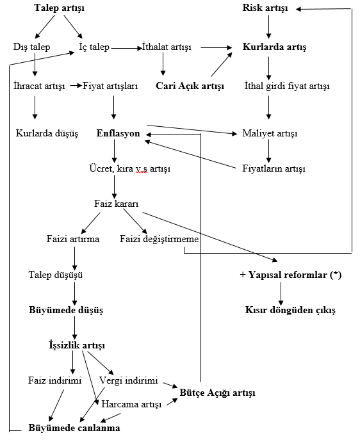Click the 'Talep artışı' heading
tap(59, 8)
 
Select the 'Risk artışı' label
tap(265, 8)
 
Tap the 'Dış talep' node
tap(31, 47)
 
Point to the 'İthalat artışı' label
tap(167, 47)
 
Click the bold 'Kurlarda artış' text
tap(274, 47)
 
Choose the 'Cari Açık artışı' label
tap(190, 86)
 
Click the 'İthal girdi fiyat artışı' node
tap(287, 86)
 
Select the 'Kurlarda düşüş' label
tap(47, 133)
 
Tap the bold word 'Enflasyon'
tap(118, 133)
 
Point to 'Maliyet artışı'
tap(270, 133)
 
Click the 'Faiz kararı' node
tap(117, 204)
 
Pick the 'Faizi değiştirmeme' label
tap(159, 239)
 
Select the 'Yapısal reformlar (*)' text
tap(295, 275)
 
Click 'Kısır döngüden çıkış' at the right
tap(290, 310)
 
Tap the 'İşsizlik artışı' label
tap(77, 345)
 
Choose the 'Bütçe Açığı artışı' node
tap(217, 393)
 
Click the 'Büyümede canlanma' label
tap(74, 428)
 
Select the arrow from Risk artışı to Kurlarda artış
tap(268, 27)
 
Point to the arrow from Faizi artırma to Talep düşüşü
tap(75, 259)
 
